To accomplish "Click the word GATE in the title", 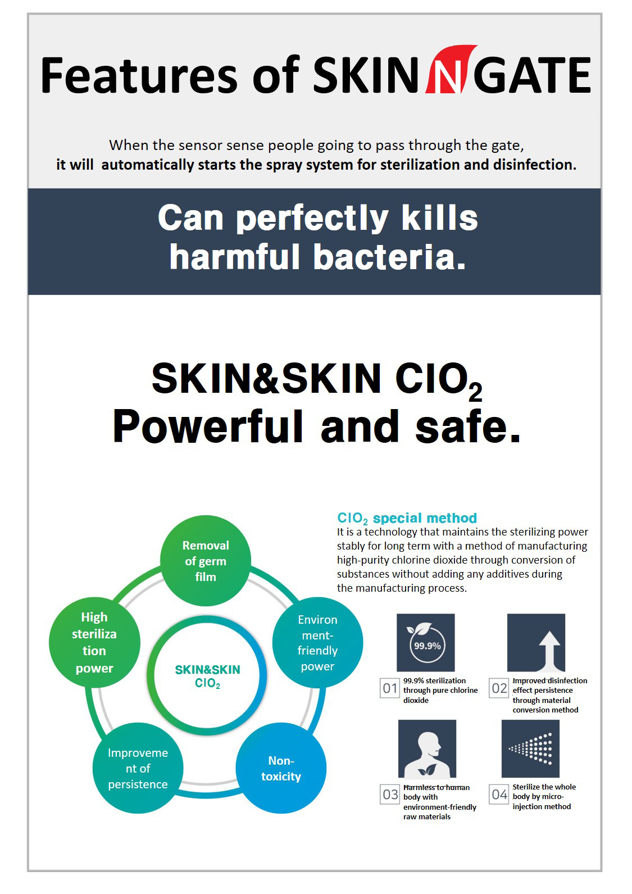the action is (532, 75).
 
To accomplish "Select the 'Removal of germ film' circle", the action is (206, 561).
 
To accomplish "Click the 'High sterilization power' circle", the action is (94, 642).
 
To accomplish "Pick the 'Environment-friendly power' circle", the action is (317, 643).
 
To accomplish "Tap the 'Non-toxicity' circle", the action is (281, 768).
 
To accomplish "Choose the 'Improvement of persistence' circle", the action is (138, 768).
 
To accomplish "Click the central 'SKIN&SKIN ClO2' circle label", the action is (207, 676).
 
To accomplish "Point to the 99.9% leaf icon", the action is (426, 643).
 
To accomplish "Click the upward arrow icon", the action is (536, 643).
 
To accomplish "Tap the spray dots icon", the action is (531, 748).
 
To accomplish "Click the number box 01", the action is (390, 688).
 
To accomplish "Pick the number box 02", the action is (499, 688).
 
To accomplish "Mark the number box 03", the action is (390, 794).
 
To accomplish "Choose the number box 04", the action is (499, 794).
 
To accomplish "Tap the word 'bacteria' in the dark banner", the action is (389, 257).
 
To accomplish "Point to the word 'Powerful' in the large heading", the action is (208, 427).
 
